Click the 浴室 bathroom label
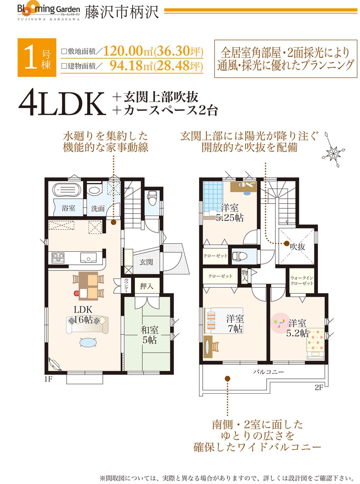point(68,208)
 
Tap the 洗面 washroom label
point(98,208)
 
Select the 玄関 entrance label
point(146,262)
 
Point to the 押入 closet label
point(147,286)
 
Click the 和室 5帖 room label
point(149,334)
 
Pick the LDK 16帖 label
point(84,314)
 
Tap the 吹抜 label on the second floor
point(298,247)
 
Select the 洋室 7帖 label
point(235,323)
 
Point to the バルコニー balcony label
point(268,372)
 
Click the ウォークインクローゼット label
point(302,281)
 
